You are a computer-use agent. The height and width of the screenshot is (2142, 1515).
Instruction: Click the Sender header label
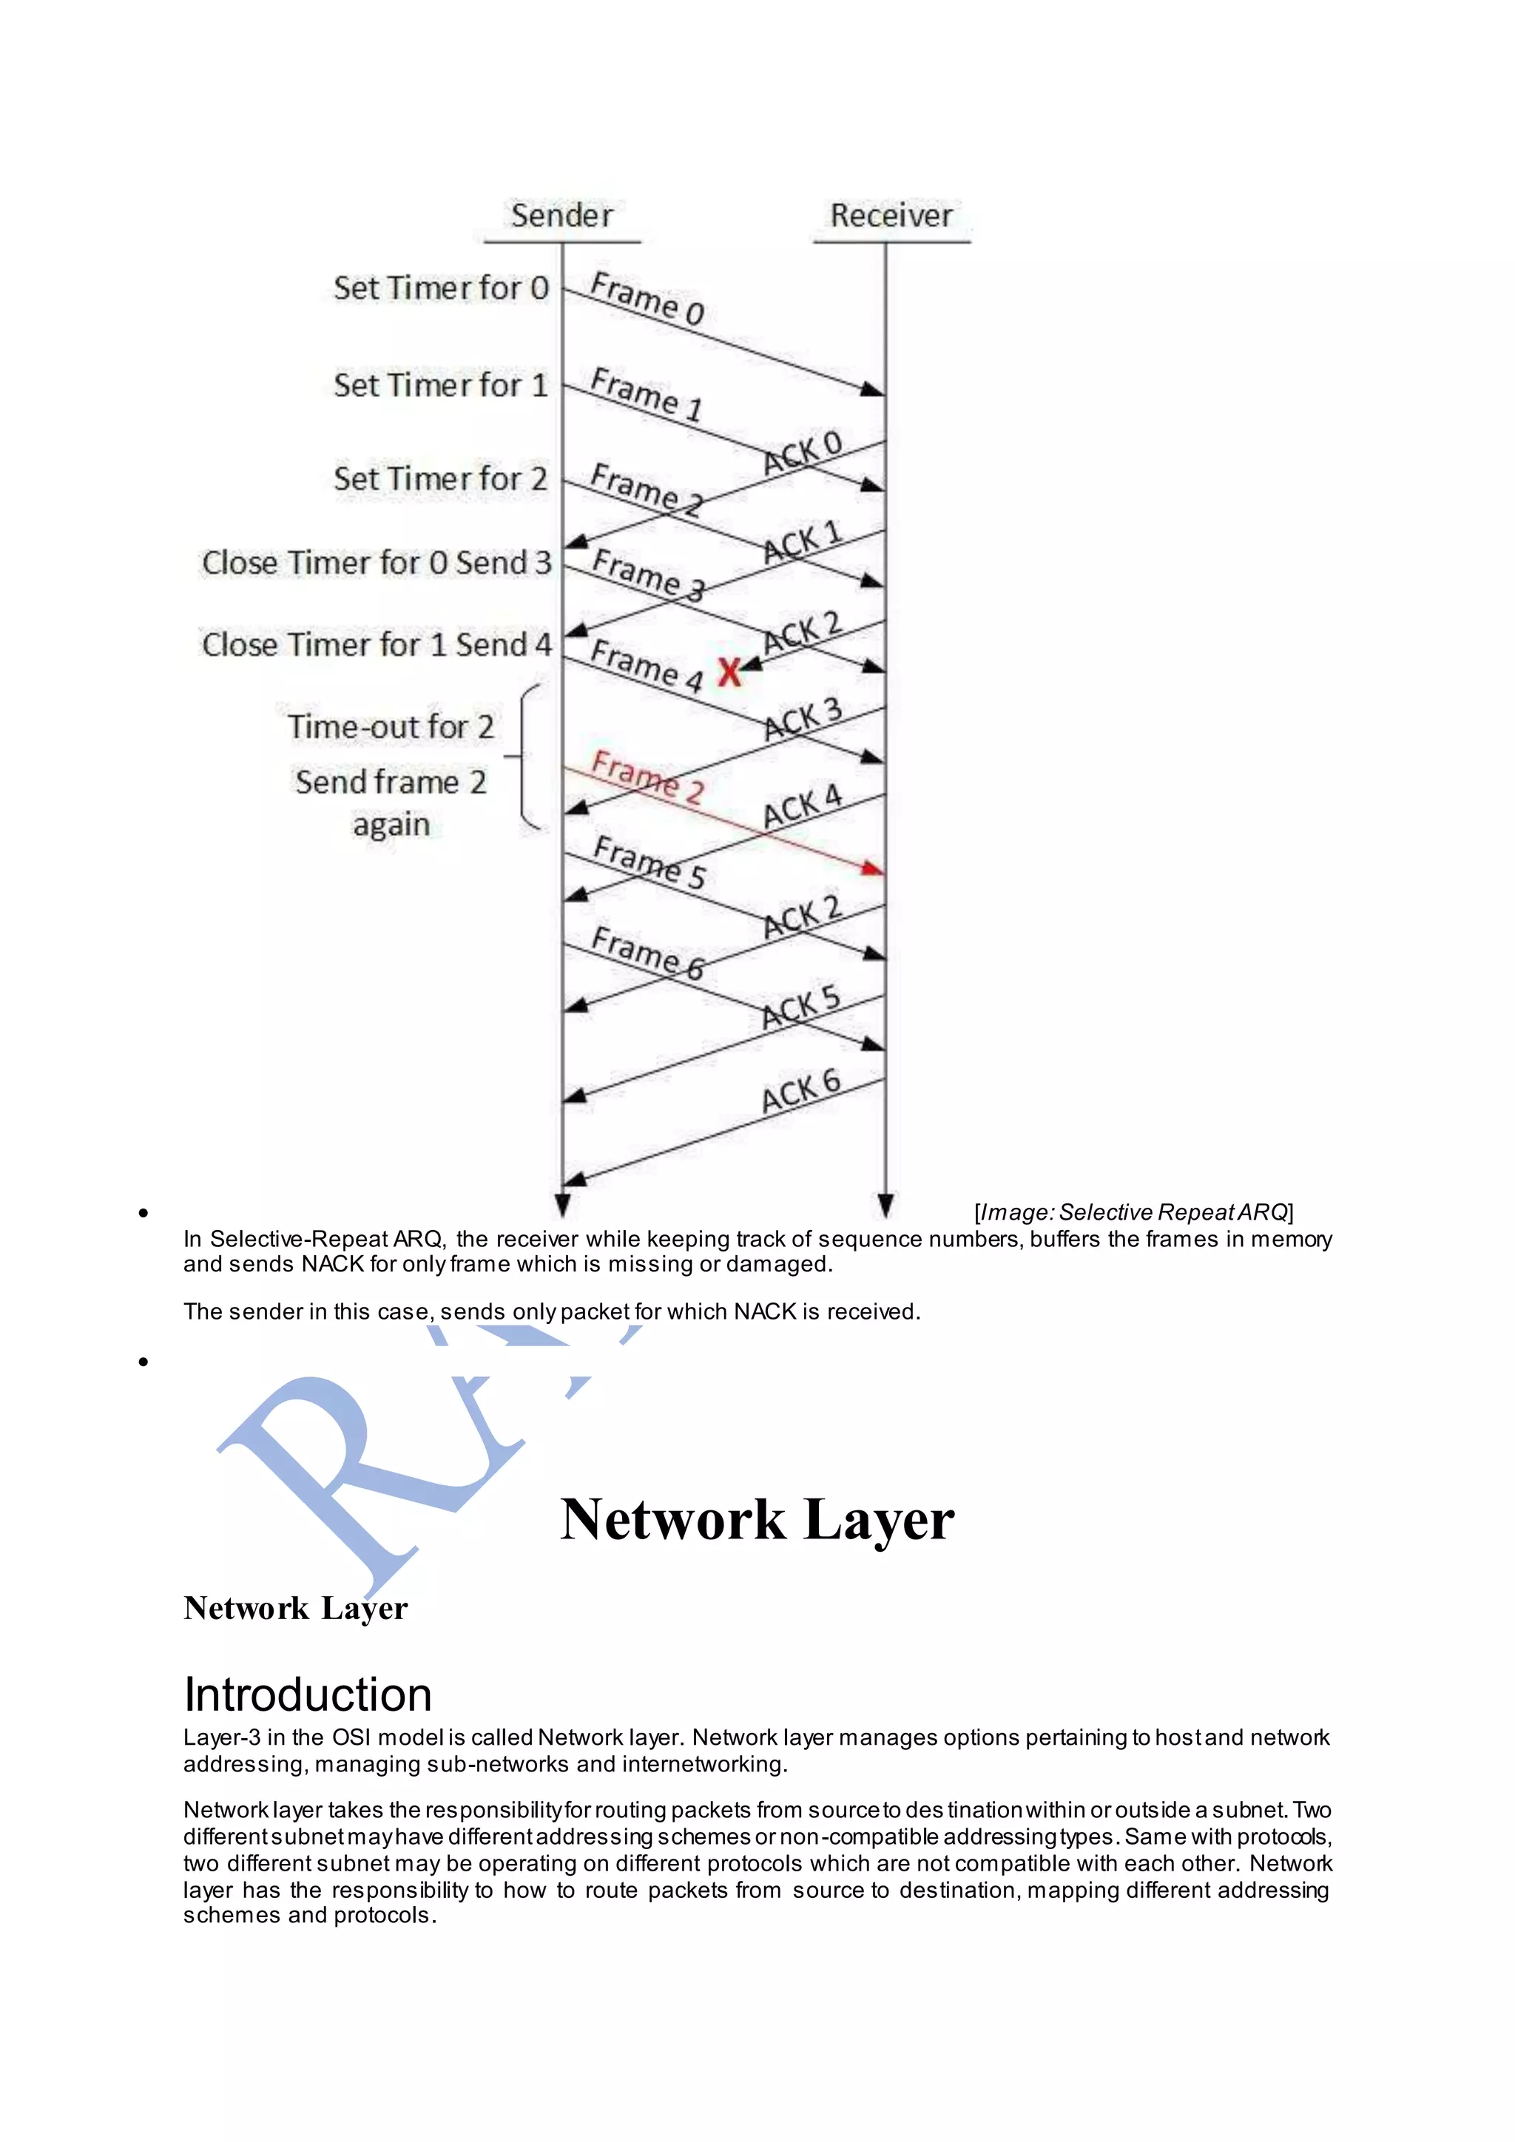pos(561,215)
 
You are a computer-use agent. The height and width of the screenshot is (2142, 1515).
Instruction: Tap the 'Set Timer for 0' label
pos(441,288)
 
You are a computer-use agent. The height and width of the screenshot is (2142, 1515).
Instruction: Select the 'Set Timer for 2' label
pos(440,479)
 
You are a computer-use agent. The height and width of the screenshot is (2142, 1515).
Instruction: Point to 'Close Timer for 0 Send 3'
pos(377,563)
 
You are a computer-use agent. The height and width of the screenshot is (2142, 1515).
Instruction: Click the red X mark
pos(729,672)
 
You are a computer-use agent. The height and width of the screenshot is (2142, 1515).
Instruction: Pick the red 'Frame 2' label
pos(647,776)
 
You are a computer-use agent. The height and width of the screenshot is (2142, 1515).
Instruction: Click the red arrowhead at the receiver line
pos(872,868)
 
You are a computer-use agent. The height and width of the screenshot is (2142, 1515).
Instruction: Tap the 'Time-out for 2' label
pos(391,727)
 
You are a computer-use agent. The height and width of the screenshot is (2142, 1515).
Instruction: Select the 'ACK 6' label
pos(800,1092)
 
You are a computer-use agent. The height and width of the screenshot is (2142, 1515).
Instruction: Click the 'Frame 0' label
pos(647,299)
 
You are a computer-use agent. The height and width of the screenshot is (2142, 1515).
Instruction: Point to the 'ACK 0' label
pos(803,453)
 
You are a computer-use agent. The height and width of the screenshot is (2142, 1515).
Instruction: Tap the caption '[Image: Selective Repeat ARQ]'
pos(1133,1212)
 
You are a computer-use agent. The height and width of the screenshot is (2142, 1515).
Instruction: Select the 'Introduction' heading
pos(308,1695)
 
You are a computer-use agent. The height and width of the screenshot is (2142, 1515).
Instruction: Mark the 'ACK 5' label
pos(800,1007)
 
